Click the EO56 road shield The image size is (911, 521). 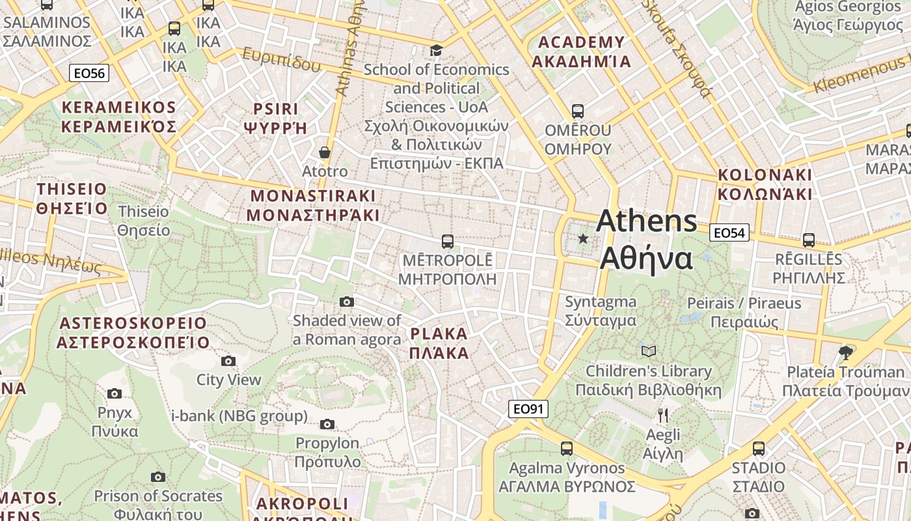[x=89, y=73]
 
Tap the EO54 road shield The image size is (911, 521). [x=730, y=232]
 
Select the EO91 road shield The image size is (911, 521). [x=528, y=409]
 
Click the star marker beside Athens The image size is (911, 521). [x=583, y=239]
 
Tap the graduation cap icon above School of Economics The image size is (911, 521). [x=436, y=50]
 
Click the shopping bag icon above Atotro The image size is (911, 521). [x=325, y=152]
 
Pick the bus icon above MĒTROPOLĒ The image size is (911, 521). [x=447, y=242]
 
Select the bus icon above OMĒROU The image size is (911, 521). [x=577, y=111]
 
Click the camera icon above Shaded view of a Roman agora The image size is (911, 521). [x=347, y=302]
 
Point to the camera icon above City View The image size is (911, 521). [x=228, y=361]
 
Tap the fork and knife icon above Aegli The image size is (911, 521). [x=663, y=415]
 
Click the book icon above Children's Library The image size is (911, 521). [x=648, y=352]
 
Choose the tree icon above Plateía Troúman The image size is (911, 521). [x=845, y=353]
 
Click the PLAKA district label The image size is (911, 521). [x=439, y=343]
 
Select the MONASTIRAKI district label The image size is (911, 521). [x=313, y=205]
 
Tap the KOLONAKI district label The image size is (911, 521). [x=765, y=184]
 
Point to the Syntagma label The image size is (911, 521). [x=601, y=311]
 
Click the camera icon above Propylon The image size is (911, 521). [x=327, y=425]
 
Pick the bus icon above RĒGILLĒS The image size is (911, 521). [x=809, y=240]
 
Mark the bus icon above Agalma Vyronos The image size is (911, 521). [x=567, y=449]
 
